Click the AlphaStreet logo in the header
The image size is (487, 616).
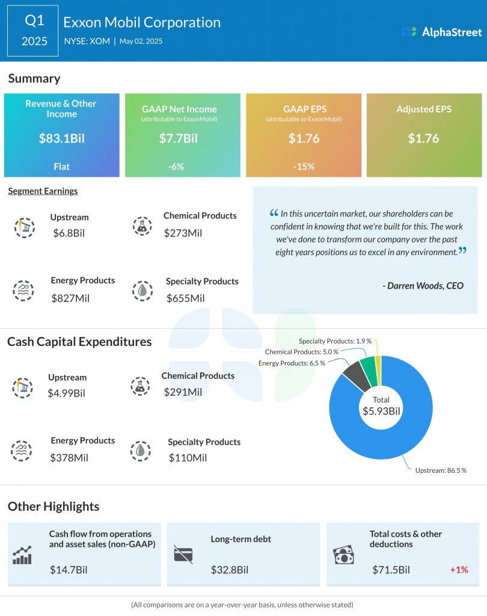(x=441, y=32)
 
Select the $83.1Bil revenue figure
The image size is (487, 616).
(x=61, y=138)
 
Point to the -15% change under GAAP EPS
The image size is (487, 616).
(x=304, y=167)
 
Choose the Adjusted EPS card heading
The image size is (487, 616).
(x=424, y=109)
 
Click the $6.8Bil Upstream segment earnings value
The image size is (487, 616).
(x=69, y=233)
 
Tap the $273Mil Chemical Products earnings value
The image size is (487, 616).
(x=183, y=232)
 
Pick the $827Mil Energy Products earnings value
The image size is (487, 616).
(x=70, y=298)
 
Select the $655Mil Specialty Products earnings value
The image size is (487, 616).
(x=185, y=298)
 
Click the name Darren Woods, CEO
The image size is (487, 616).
(x=423, y=286)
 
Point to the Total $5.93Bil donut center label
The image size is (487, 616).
(x=381, y=406)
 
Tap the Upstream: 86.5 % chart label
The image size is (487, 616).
(x=441, y=470)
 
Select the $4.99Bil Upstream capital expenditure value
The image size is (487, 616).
(x=66, y=393)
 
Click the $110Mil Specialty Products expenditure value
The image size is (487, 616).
(x=187, y=458)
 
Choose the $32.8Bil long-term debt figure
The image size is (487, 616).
(x=229, y=570)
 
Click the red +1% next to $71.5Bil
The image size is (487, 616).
(x=459, y=570)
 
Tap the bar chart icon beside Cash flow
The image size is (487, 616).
(x=22, y=555)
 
